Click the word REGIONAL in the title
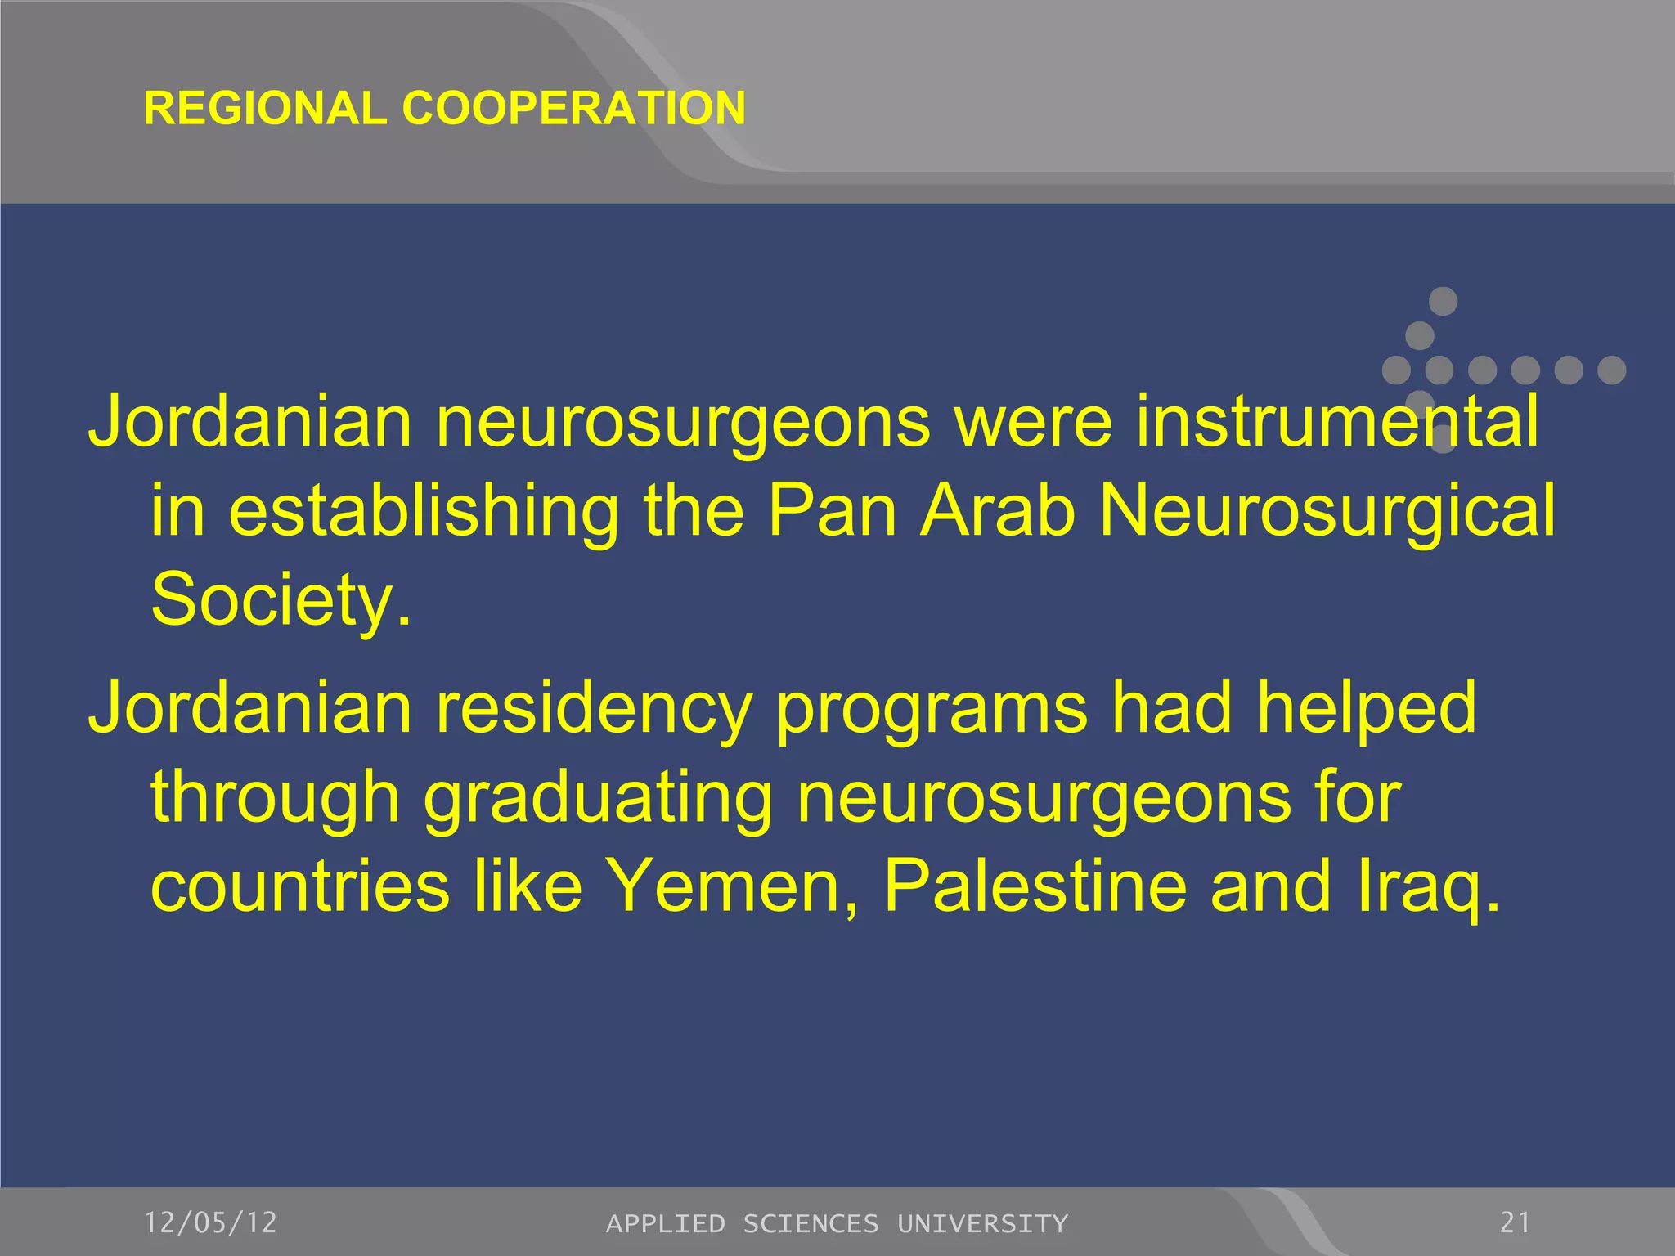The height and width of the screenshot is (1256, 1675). (x=265, y=108)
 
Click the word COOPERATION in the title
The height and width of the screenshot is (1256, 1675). (x=573, y=108)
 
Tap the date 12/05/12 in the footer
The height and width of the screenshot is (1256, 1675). (x=211, y=1222)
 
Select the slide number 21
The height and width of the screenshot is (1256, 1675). (x=1515, y=1222)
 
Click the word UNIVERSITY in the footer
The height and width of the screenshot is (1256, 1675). (x=982, y=1223)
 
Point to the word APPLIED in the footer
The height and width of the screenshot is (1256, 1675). (x=665, y=1223)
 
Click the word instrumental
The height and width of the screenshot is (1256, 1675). (x=1336, y=422)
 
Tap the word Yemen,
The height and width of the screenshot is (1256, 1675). (x=733, y=886)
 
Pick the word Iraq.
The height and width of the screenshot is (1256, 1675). (x=1428, y=888)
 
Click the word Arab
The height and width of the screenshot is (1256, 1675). (x=997, y=510)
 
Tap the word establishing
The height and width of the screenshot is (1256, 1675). (x=424, y=512)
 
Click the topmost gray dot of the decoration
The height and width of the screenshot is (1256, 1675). (x=1443, y=301)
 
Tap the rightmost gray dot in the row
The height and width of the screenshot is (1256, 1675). (x=1611, y=370)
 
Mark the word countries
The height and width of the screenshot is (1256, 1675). (x=300, y=886)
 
